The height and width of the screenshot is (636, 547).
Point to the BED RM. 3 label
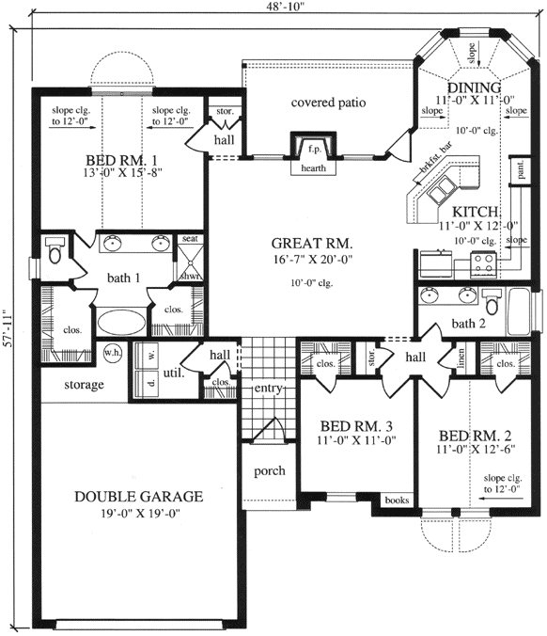coord(356,425)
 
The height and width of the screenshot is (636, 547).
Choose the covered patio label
coord(328,102)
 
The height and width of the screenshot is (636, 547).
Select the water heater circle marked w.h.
coord(114,353)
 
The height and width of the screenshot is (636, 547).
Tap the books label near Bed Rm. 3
coord(397,501)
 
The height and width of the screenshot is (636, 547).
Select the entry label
coord(268,388)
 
